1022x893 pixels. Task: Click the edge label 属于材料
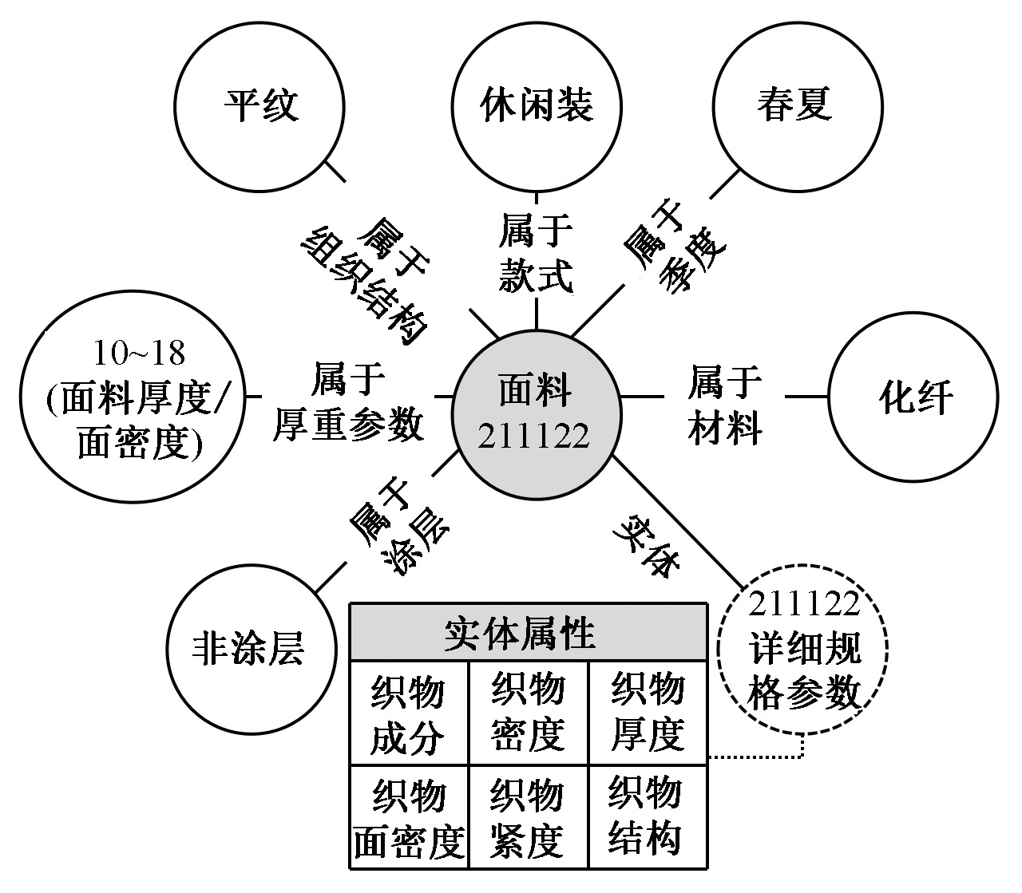[x=724, y=405]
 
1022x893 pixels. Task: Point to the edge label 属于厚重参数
[x=348, y=403]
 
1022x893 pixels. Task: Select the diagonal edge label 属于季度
[x=674, y=247]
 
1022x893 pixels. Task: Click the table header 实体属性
[x=529, y=634]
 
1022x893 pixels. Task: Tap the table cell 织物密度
[x=529, y=713]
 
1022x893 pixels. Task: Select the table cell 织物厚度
[x=648, y=713]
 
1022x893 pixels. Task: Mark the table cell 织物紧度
[x=528, y=817]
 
